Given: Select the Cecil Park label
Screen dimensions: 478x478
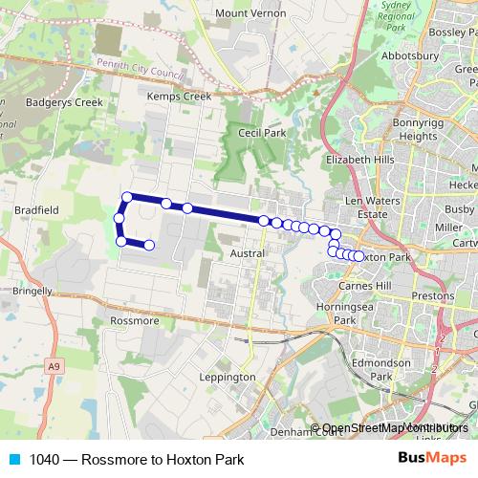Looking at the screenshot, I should [x=262, y=134].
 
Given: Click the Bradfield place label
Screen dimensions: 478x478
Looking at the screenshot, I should [x=37, y=209].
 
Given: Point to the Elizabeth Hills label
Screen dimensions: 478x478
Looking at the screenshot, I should [x=359, y=160].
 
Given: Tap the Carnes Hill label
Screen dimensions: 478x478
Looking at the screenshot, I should [x=363, y=287].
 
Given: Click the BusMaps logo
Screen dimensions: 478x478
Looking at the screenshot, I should [x=433, y=459].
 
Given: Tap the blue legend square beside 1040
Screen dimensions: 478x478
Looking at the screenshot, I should [x=13, y=460].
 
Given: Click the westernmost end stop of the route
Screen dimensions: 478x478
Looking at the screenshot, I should [x=119, y=218].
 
